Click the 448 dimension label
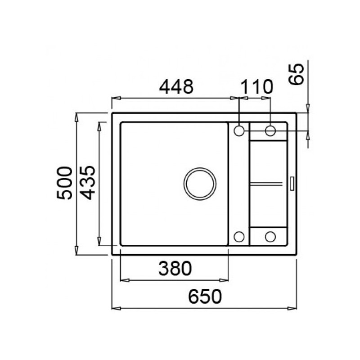176,86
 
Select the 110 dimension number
256,86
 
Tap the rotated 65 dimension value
296,74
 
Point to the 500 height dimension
65,183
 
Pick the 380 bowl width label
175,268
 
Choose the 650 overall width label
205,297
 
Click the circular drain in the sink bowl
200,184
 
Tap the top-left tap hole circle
239,130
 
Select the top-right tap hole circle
270,130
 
